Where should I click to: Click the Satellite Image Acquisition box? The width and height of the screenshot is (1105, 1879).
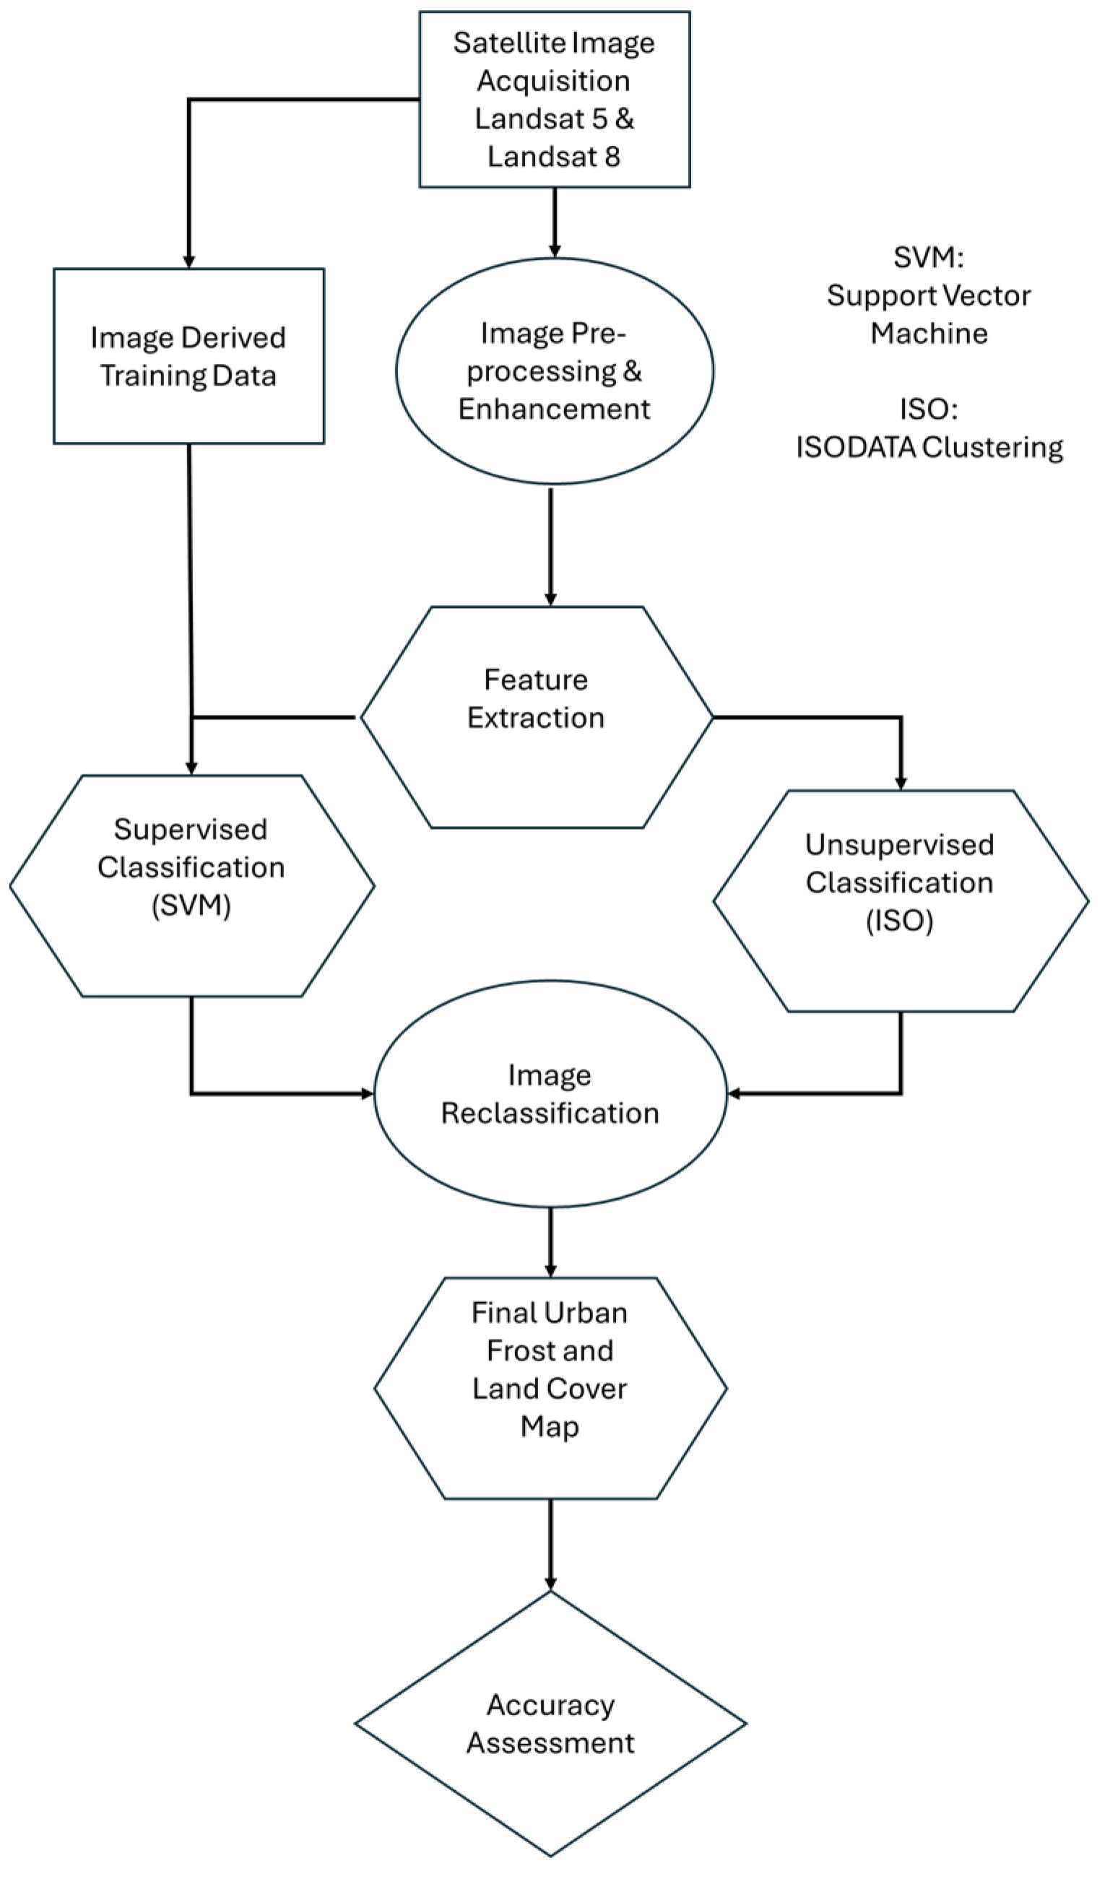pos(554,98)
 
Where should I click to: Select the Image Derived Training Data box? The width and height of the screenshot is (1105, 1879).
pos(188,357)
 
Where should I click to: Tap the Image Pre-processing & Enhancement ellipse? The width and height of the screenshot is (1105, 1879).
pos(554,371)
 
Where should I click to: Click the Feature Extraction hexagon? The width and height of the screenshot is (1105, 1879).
pos(536,717)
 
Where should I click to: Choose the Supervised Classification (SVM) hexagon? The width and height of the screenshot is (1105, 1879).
pos(191,886)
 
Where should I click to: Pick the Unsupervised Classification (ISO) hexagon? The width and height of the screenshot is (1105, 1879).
pos(900,901)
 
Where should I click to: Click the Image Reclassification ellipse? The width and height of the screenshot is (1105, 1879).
pos(550,1094)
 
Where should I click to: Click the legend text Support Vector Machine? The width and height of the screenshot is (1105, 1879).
pos(928,314)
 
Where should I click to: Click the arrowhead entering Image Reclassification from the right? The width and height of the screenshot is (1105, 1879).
pos(734,1094)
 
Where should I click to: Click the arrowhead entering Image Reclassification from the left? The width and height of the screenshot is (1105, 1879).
pos(367,1094)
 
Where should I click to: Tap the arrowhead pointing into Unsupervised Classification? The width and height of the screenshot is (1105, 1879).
pos(901,784)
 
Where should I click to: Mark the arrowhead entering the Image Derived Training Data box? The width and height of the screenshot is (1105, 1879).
pos(188,261)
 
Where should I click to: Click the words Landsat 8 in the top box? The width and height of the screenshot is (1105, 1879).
pos(554,157)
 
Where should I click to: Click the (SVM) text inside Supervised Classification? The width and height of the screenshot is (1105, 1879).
pos(191,906)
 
